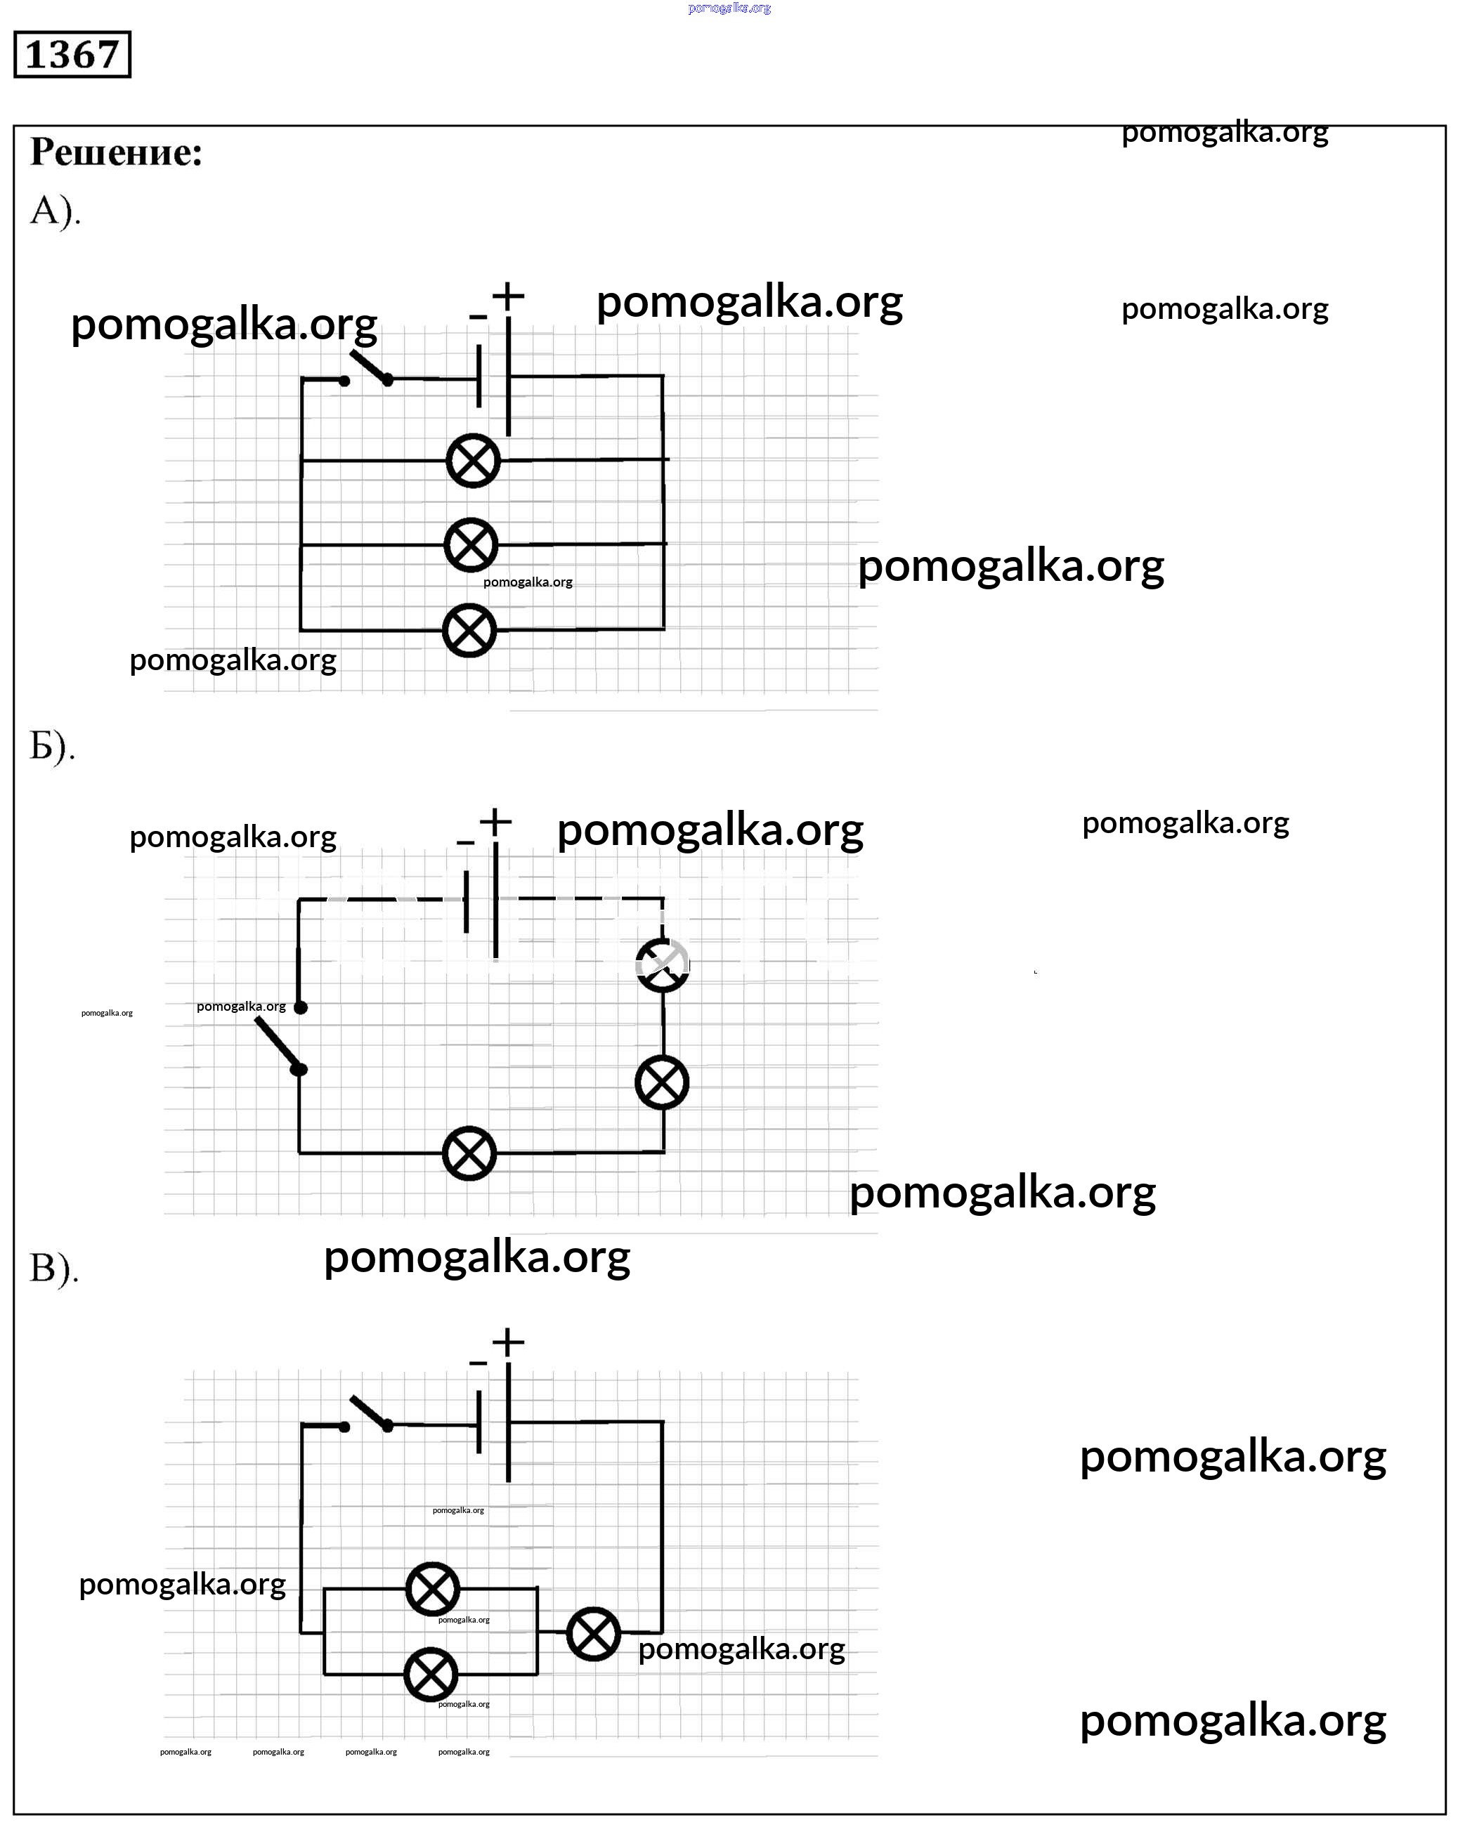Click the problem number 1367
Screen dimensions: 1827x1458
(72, 54)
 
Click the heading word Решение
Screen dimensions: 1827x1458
(116, 152)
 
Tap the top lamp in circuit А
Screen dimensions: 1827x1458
(473, 461)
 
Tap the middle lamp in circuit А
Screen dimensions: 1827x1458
(471, 545)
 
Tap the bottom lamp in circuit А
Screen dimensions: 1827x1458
(469, 631)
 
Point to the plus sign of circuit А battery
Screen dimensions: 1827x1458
(508, 296)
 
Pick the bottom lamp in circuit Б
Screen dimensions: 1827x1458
(469, 1153)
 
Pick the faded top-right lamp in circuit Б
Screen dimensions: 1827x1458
(663, 964)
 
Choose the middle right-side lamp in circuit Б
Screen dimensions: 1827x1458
(662, 1082)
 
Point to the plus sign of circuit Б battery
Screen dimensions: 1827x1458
(495, 820)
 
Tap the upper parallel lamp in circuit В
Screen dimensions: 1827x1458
(432, 1589)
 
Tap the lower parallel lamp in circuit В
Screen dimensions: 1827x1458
(431, 1675)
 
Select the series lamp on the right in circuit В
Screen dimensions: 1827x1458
(593, 1633)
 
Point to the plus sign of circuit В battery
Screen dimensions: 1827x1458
(508, 1342)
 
